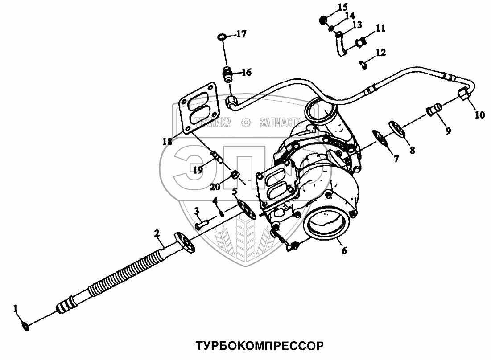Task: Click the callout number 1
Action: pyautogui.click(x=16, y=308)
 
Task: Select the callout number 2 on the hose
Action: pyautogui.click(x=157, y=233)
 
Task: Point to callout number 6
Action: pyautogui.click(x=343, y=250)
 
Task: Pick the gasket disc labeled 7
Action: pyautogui.click(x=380, y=135)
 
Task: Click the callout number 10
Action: pyautogui.click(x=479, y=115)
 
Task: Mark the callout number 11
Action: pyautogui.click(x=380, y=29)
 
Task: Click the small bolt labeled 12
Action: pyautogui.click(x=363, y=65)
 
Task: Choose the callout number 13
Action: pyautogui.click(x=357, y=25)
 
